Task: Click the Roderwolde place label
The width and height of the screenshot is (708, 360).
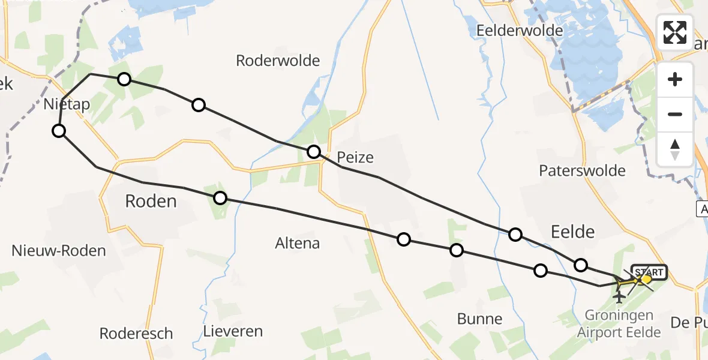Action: pyautogui.click(x=278, y=61)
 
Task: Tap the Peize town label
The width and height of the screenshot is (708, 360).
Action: pyautogui.click(x=355, y=158)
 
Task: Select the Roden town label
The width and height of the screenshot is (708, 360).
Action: pyautogui.click(x=151, y=201)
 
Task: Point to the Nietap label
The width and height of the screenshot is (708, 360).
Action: pyautogui.click(x=67, y=104)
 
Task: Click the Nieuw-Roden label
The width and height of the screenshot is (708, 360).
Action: pyautogui.click(x=59, y=251)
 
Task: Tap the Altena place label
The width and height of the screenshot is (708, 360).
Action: pyautogui.click(x=297, y=244)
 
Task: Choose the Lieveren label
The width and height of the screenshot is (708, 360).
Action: pyautogui.click(x=233, y=331)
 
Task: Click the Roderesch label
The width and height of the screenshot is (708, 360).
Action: pyautogui.click(x=136, y=334)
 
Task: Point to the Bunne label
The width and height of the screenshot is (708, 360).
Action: pyautogui.click(x=479, y=319)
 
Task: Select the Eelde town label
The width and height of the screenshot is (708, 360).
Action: pyautogui.click(x=572, y=232)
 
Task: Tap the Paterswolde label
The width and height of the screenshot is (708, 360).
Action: pyautogui.click(x=582, y=170)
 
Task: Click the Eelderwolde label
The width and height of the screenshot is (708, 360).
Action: pyautogui.click(x=520, y=30)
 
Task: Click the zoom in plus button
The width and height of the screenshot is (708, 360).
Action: pyautogui.click(x=675, y=80)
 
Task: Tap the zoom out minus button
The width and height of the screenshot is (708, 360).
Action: pyautogui.click(x=675, y=114)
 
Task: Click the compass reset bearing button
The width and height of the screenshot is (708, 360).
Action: pyautogui.click(x=675, y=148)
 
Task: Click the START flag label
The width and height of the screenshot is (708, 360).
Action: pyautogui.click(x=649, y=272)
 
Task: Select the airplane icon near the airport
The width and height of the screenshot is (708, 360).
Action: pyautogui.click(x=619, y=296)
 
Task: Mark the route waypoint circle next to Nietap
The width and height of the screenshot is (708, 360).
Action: pyautogui.click(x=59, y=131)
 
